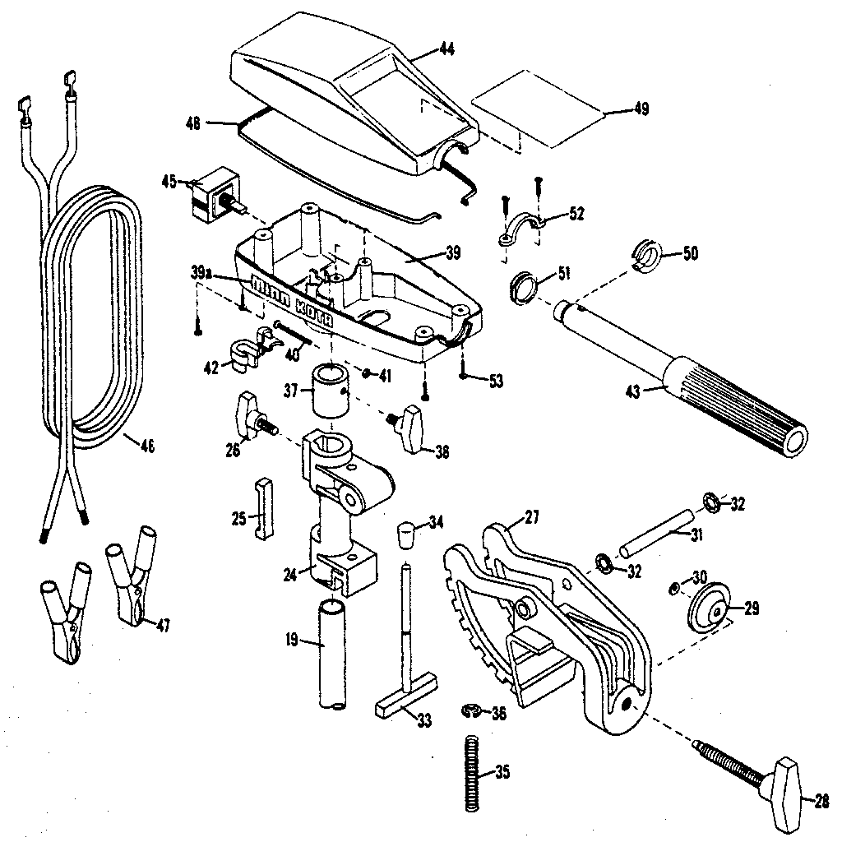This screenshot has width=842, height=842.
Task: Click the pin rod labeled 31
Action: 657,534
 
